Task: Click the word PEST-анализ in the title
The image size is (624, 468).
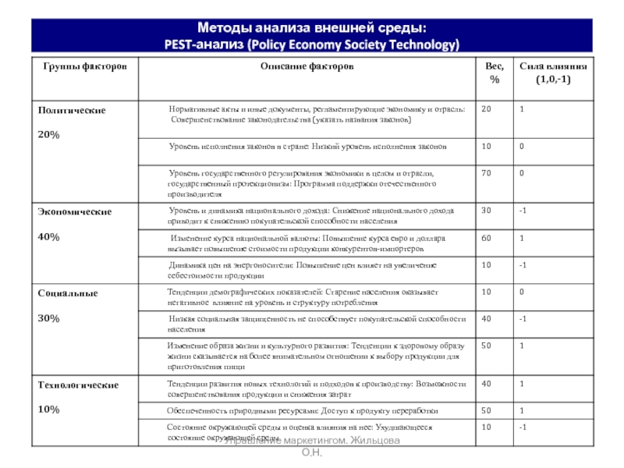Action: click(200, 44)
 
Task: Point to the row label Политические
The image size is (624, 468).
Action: click(72, 111)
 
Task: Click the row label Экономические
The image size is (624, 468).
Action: click(75, 211)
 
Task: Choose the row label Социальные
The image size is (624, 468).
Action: click(68, 293)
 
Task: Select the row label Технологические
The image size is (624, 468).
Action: click(78, 385)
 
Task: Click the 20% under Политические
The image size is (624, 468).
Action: click(48, 135)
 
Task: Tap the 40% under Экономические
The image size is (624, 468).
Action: click(48, 236)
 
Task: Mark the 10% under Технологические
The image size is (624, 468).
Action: click(48, 409)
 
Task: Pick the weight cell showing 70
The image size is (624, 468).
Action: click(486, 173)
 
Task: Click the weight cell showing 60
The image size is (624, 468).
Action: click(486, 238)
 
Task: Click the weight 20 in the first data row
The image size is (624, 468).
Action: click(486, 109)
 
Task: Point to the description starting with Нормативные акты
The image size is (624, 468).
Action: click(316, 115)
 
